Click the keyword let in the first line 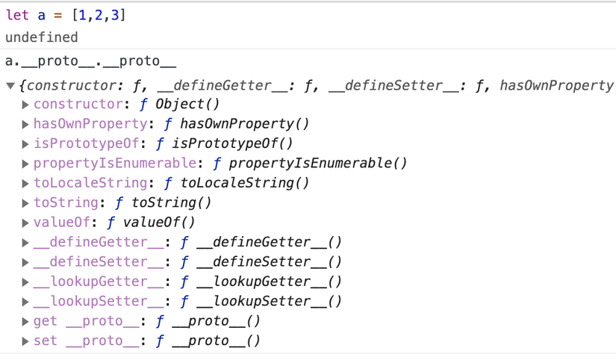[x=17, y=16]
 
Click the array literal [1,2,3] [x=99, y=16]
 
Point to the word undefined [x=42, y=37]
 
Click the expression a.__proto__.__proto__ [x=91, y=61]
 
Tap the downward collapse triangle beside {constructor [x=10, y=86]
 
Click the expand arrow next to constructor [x=25, y=105]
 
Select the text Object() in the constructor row [x=187, y=104]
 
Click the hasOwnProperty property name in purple [x=90, y=124]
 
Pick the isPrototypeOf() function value [x=232, y=143]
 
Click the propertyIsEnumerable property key [x=115, y=163]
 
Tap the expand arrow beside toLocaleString [x=25, y=184]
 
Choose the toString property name [x=66, y=203]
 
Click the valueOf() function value [x=159, y=223]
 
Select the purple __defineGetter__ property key [x=99, y=242]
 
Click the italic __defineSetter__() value [x=269, y=261]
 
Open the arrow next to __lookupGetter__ [x=25, y=282]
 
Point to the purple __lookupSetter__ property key [x=99, y=302]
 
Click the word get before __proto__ [x=46, y=321]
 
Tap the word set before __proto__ [x=46, y=341]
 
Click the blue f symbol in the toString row [x=119, y=203]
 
